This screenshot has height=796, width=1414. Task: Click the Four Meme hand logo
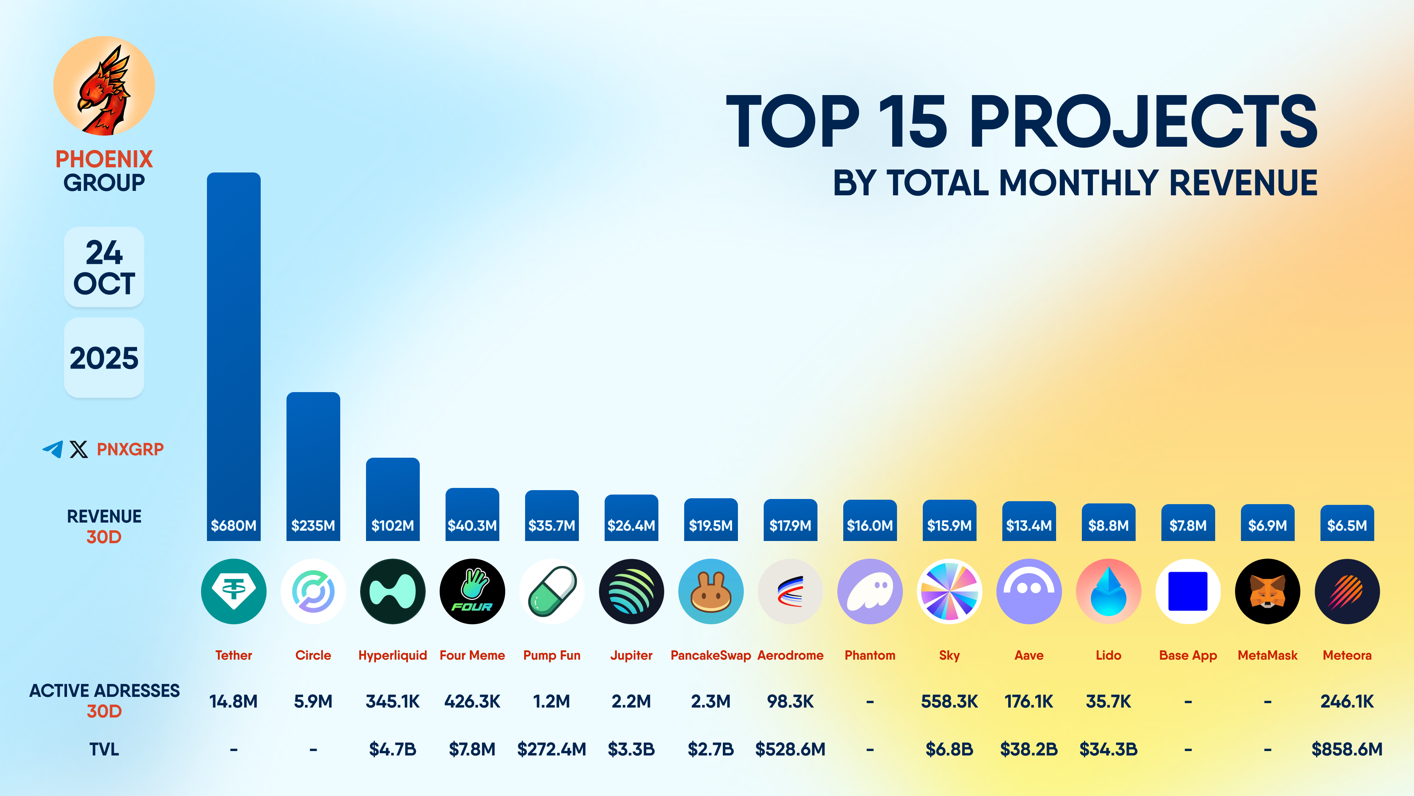click(472, 591)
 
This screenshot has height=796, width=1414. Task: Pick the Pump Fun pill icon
click(552, 591)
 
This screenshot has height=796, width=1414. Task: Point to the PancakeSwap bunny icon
click(711, 591)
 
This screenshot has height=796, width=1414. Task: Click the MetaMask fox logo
click(1267, 591)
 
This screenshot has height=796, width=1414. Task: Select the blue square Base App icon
click(1188, 591)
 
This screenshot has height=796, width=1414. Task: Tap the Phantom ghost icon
click(869, 591)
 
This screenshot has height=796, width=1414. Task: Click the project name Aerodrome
click(791, 655)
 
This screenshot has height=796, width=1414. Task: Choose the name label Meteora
click(1347, 655)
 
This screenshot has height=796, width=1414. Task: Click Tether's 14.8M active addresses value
click(233, 702)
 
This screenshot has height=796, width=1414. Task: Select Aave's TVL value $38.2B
click(1029, 749)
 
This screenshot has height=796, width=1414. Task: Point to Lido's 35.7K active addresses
click(1108, 702)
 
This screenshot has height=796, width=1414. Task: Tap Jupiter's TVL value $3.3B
click(631, 749)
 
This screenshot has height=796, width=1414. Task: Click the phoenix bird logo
click(104, 86)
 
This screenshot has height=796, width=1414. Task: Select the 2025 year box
click(104, 357)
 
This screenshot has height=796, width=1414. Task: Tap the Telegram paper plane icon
click(53, 449)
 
